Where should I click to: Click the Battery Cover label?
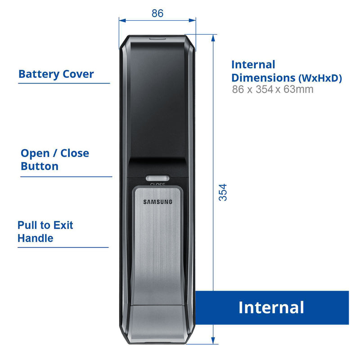pos(56,74)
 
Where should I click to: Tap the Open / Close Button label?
pos(54,160)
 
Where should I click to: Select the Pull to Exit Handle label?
pos(45,231)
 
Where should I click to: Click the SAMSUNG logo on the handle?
pos(157,202)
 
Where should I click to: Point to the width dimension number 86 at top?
pos(157,13)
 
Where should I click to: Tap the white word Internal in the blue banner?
pos(271,308)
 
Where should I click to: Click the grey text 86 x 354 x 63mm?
pos(273,90)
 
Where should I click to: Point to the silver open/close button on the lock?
pos(157,178)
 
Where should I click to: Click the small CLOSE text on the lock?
pos(157,184)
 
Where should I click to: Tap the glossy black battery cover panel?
pos(157,99)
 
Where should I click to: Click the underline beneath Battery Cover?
pos(64,83)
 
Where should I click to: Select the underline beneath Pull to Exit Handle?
pos(63,247)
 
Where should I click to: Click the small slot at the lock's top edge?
pos(157,38)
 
